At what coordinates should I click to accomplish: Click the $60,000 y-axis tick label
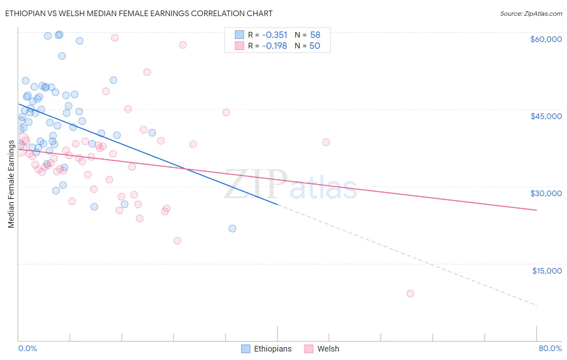point(546,39)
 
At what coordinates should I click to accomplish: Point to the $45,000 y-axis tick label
point(546,116)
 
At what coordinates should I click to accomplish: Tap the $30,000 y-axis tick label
point(546,193)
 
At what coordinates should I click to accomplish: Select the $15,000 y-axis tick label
point(546,271)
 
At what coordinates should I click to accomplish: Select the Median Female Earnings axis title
point(11,184)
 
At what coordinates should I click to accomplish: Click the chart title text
point(139,13)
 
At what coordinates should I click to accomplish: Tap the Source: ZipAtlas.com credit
point(531,14)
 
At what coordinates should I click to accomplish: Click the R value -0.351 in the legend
point(275,35)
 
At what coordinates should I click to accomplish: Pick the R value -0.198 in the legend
point(275,46)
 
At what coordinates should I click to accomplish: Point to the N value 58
point(315,35)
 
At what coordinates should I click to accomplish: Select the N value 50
point(315,46)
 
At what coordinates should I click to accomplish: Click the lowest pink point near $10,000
point(410,293)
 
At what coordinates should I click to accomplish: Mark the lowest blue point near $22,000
point(232,228)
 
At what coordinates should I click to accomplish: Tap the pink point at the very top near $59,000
point(115,38)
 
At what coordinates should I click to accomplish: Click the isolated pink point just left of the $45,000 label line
point(226,113)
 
